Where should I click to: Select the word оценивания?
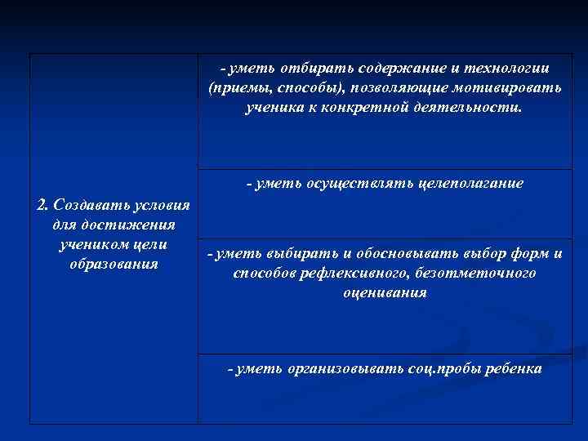(x=385, y=292)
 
